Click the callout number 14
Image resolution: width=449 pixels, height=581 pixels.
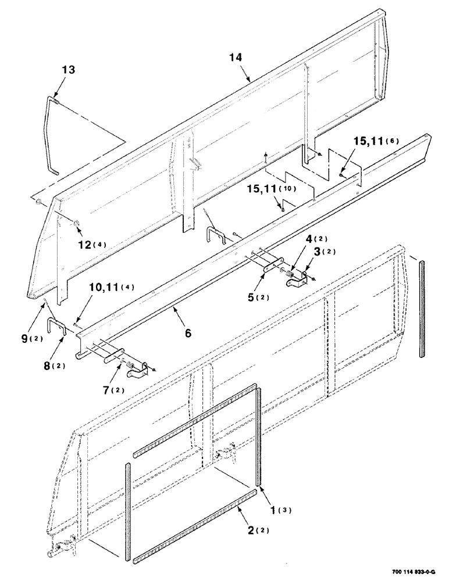(x=236, y=58)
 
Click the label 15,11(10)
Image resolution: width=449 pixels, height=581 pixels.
(x=288, y=189)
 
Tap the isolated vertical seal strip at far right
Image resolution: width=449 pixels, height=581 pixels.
(x=422, y=308)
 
